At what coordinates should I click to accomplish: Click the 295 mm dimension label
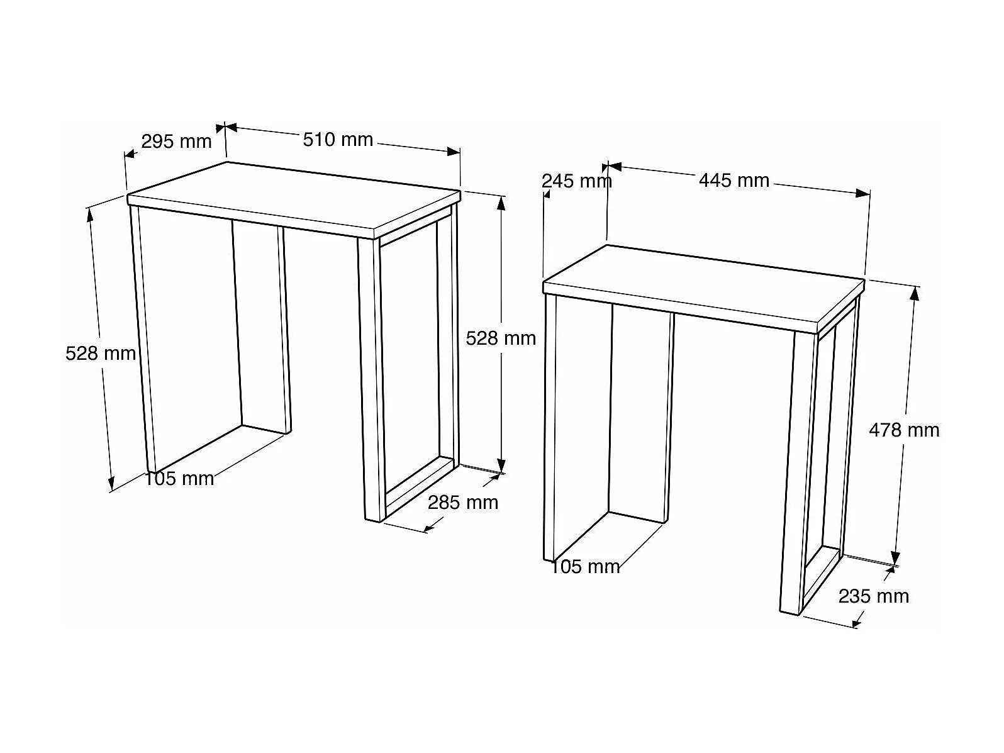pyautogui.click(x=176, y=142)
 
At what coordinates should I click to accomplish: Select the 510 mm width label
pyautogui.click(x=338, y=140)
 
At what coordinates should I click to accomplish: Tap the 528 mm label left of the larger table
pyautogui.click(x=100, y=354)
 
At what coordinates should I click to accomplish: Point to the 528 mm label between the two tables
pyautogui.click(x=501, y=338)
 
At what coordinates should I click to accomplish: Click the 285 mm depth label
pyautogui.click(x=463, y=503)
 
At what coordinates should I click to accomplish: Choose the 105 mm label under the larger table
pyautogui.click(x=179, y=479)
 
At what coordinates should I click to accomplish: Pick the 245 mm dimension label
pyautogui.click(x=577, y=181)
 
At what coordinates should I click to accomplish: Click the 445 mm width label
pyautogui.click(x=733, y=180)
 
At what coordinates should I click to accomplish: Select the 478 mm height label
pyautogui.click(x=904, y=430)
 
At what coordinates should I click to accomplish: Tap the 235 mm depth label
pyautogui.click(x=874, y=596)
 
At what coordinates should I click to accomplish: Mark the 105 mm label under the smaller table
pyautogui.click(x=586, y=567)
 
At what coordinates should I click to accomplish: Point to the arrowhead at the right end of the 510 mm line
pyautogui.click(x=454, y=152)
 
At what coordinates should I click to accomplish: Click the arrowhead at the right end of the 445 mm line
pyautogui.click(x=863, y=193)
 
